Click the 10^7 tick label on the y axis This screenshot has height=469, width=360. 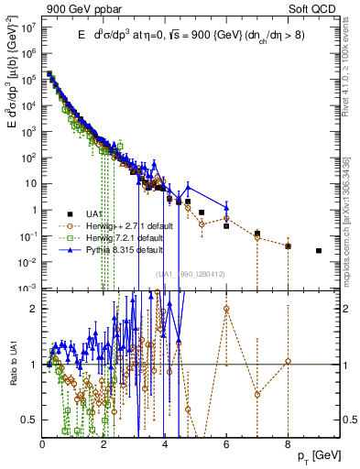27,27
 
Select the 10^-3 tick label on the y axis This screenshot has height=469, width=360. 27,288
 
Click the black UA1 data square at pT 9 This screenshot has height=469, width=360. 319,250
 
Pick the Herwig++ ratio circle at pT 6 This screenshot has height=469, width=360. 226,308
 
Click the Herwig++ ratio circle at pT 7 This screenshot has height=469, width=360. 257,395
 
